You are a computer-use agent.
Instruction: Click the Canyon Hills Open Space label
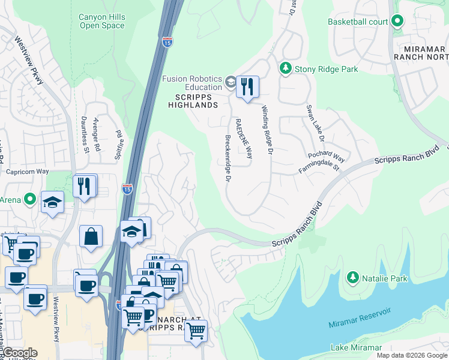[102, 21]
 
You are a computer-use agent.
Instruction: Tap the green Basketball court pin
[397, 22]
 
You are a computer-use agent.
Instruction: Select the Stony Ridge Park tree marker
[286, 69]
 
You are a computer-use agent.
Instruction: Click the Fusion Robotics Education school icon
[231, 82]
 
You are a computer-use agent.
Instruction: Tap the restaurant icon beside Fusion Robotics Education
[247, 86]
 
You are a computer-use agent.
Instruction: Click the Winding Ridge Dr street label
[267, 130]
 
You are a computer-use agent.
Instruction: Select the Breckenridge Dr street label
[228, 158]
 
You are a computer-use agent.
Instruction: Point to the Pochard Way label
[327, 157]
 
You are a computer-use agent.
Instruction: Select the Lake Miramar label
[356, 348]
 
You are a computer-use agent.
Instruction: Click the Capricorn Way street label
[27, 171]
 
